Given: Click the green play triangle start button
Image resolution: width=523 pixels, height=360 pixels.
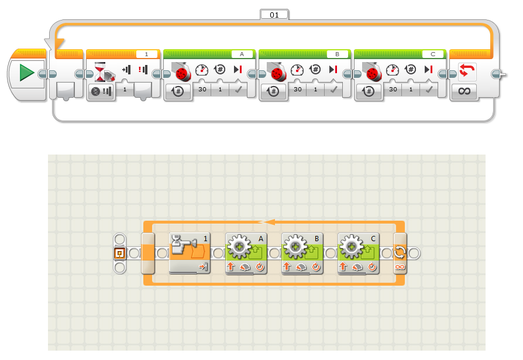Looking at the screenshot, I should [x=27, y=73].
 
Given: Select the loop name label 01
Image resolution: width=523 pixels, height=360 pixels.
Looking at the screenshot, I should [x=274, y=14].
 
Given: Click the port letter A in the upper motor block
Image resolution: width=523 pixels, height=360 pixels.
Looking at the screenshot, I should [x=242, y=54].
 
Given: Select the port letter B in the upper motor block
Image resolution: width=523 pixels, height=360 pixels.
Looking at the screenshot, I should [x=337, y=54].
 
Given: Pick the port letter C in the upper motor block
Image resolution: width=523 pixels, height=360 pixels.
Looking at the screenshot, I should [x=433, y=54].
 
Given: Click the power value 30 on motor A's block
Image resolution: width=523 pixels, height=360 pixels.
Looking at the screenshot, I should [x=202, y=89].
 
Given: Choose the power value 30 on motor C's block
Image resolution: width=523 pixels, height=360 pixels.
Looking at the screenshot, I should [x=393, y=89].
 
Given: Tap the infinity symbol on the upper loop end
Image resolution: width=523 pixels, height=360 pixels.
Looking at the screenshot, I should [x=463, y=91].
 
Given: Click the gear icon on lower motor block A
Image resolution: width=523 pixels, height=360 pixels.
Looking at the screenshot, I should [x=239, y=248].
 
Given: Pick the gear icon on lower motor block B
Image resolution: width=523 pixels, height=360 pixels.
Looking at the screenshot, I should [x=295, y=248].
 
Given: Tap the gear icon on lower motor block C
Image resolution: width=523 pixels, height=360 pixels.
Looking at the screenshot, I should [x=351, y=248].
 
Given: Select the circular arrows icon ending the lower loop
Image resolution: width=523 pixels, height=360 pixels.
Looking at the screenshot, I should [x=401, y=253].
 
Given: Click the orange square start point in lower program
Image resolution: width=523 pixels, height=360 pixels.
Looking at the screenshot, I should [x=119, y=253].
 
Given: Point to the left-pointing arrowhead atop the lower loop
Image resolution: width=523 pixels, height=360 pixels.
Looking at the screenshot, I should [x=268, y=222].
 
